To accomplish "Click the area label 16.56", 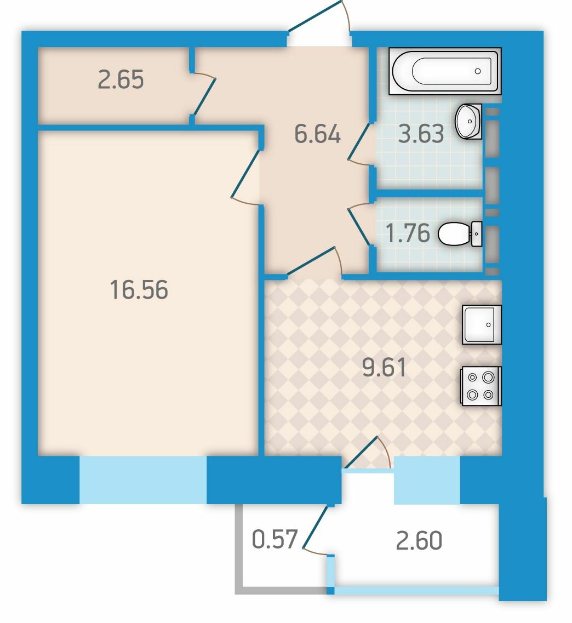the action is tap(139, 290).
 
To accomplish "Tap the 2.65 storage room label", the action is tap(121, 79).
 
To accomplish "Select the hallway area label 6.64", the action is tap(317, 134).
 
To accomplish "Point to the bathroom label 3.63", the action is tap(421, 134).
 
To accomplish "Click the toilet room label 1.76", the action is tap(408, 233).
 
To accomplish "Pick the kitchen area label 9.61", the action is tap(384, 367).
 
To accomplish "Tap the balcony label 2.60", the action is tap(419, 540).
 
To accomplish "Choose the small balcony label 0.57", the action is tap(275, 539).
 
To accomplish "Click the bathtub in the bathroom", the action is tap(445, 71).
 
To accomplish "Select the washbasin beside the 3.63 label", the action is tap(469, 122).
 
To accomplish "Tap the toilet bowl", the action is tap(460, 234).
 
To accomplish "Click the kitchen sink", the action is tap(482, 324).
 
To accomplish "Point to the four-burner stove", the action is tap(482, 386).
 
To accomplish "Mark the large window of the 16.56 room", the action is tap(143, 480).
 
